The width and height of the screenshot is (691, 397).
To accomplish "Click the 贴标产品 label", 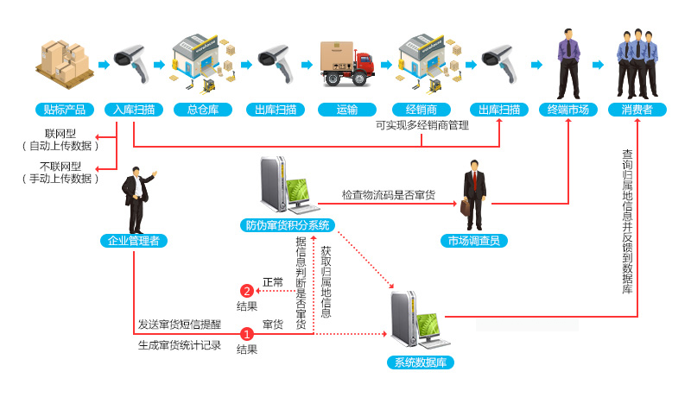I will (x=64, y=110).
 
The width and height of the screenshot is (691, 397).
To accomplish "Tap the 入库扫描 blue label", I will (x=133, y=110).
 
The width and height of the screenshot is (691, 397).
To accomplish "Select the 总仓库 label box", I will (x=202, y=110).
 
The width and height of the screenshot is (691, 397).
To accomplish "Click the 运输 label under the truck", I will (x=346, y=110).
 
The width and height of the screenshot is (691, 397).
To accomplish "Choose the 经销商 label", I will (x=421, y=110).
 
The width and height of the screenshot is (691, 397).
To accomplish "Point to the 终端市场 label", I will (x=568, y=110).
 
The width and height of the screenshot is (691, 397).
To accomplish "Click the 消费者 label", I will (x=637, y=110).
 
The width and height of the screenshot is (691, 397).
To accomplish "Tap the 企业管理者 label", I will (x=134, y=241).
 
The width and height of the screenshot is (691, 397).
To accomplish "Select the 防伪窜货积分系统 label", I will (x=288, y=226).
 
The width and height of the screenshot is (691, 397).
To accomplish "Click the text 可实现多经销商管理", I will (x=422, y=126).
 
